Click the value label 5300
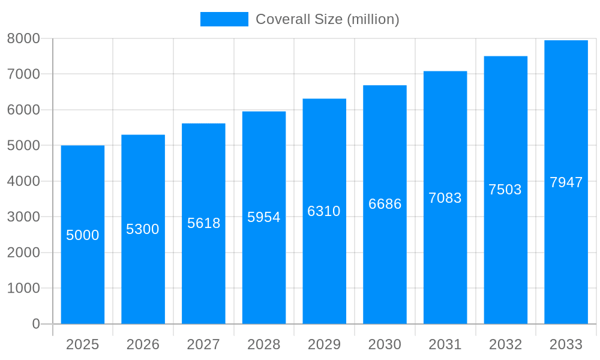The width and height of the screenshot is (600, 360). click(143, 229)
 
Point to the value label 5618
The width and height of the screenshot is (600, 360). click(203, 223)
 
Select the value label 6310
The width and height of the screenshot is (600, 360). click(324, 211)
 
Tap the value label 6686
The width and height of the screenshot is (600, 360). click(385, 204)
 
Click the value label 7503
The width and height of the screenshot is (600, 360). click(505, 190)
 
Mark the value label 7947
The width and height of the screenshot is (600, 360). click(566, 182)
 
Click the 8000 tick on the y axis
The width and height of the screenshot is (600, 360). click(23, 38)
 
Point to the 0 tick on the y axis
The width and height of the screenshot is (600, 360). click(35, 324)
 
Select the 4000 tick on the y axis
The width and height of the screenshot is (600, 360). click(23, 181)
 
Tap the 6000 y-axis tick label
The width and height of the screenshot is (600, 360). click(23, 110)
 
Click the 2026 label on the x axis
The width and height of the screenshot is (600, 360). click(143, 344)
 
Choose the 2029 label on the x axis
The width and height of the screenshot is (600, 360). click(324, 344)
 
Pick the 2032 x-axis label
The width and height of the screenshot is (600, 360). click(505, 344)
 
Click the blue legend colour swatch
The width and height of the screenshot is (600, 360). click(224, 19)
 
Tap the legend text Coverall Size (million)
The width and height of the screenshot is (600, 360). click(327, 19)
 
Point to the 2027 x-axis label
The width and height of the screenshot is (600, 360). click(203, 344)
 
